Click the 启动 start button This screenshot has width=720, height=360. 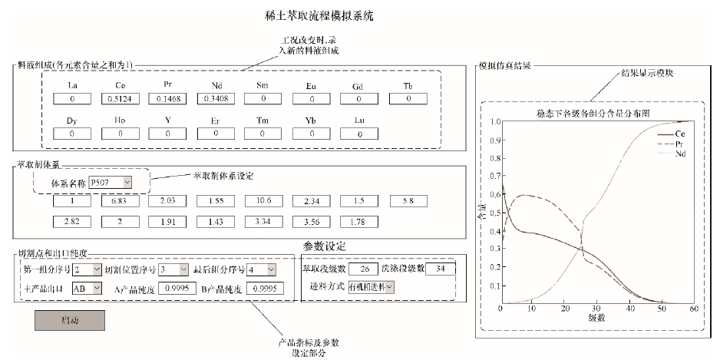tap(70, 320)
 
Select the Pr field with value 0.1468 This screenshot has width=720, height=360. tap(167, 99)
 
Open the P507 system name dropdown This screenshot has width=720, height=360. tap(111, 182)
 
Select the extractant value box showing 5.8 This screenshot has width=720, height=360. tap(409, 202)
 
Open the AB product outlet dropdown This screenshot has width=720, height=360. tap(86, 289)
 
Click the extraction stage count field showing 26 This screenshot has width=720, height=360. tap(362, 269)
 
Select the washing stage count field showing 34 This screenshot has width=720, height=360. tap(440, 269)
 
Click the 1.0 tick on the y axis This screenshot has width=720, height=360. tap(492, 121)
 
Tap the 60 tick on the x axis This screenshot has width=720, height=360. tap(694, 309)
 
